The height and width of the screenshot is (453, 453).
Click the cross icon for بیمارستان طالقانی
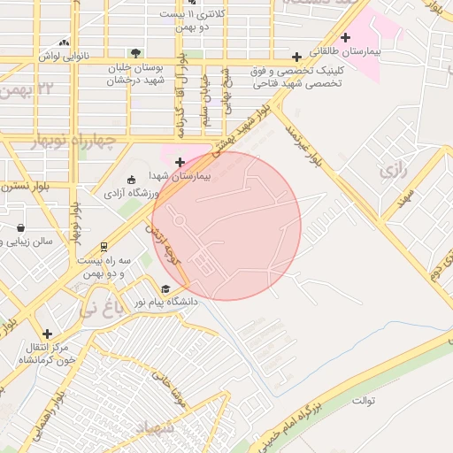click(x=344, y=37)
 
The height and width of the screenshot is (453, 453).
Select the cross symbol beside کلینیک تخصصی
click(x=297, y=57)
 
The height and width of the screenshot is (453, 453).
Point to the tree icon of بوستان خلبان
click(x=134, y=53)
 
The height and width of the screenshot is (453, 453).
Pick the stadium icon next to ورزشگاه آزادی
click(x=132, y=179)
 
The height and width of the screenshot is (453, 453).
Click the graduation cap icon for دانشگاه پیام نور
click(x=165, y=288)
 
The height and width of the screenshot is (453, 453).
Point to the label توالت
click(x=365, y=401)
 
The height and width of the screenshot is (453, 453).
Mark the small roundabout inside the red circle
click(x=178, y=218)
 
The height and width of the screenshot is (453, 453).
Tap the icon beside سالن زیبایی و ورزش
click(x=19, y=227)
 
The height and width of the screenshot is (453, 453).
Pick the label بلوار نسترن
click(x=27, y=188)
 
